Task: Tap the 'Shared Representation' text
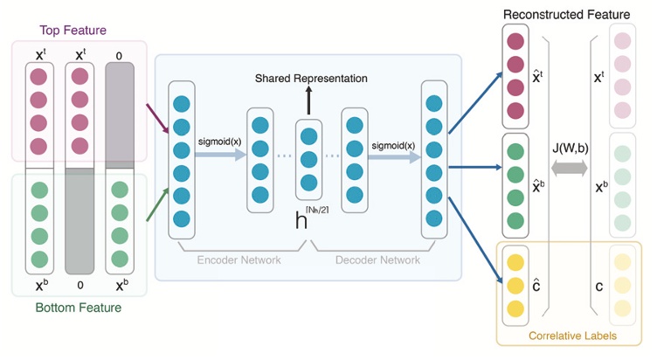(311, 79)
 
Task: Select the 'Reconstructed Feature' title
(566, 15)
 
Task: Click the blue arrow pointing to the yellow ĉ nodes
(475, 239)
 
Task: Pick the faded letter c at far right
(598, 286)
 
